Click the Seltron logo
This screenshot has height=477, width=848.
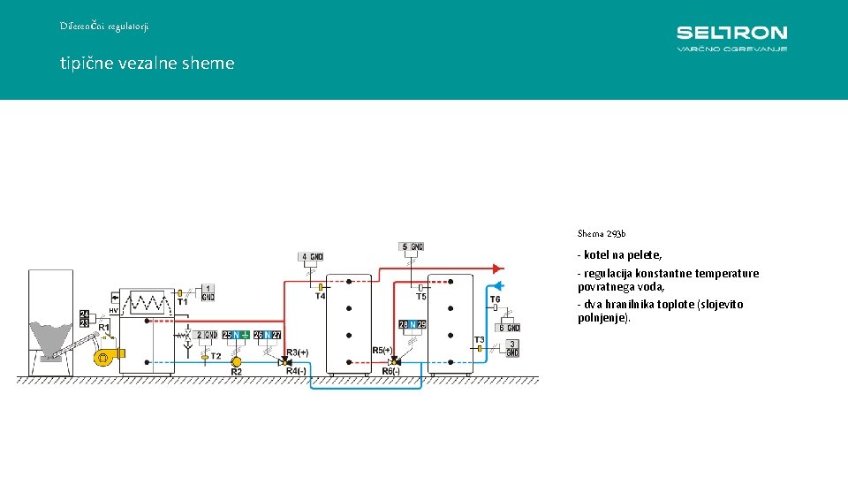pyautogui.click(x=731, y=38)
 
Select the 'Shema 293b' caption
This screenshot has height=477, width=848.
pyautogui.click(x=602, y=234)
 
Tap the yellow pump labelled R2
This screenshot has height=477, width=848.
pyautogui.click(x=236, y=361)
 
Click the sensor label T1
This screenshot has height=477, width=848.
pyautogui.click(x=183, y=302)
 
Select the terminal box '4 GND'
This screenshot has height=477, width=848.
pyautogui.click(x=311, y=257)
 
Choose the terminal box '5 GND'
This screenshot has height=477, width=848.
pyautogui.click(x=412, y=246)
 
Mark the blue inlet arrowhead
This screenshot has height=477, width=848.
pyautogui.click(x=497, y=285)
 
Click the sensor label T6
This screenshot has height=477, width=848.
pyautogui.click(x=495, y=299)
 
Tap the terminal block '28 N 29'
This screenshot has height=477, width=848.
pyautogui.click(x=413, y=325)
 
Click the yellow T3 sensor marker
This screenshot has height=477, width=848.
pyautogui.click(x=480, y=349)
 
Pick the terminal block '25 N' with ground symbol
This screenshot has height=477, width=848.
pyautogui.click(x=235, y=335)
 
